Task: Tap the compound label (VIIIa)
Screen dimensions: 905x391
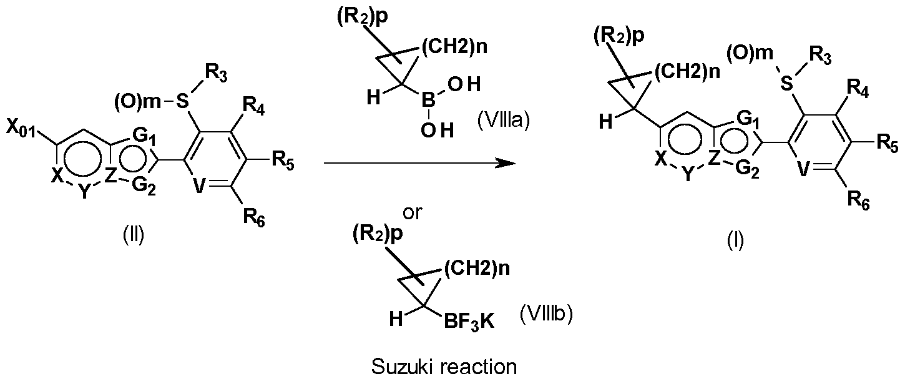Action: click(503, 120)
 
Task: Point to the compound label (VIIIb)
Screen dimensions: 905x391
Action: click(546, 314)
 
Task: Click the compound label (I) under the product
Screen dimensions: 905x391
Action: click(735, 241)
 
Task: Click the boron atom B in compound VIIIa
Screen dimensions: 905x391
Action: click(428, 101)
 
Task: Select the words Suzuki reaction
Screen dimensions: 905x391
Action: click(444, 367)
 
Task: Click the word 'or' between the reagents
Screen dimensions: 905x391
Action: click(413, 212)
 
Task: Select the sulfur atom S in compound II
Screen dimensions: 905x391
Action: click(183, 101)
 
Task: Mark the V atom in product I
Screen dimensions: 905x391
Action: click(805, 170)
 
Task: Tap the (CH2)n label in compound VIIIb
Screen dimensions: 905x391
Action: click(477, 268)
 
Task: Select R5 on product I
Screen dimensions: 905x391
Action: click(888, 145)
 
